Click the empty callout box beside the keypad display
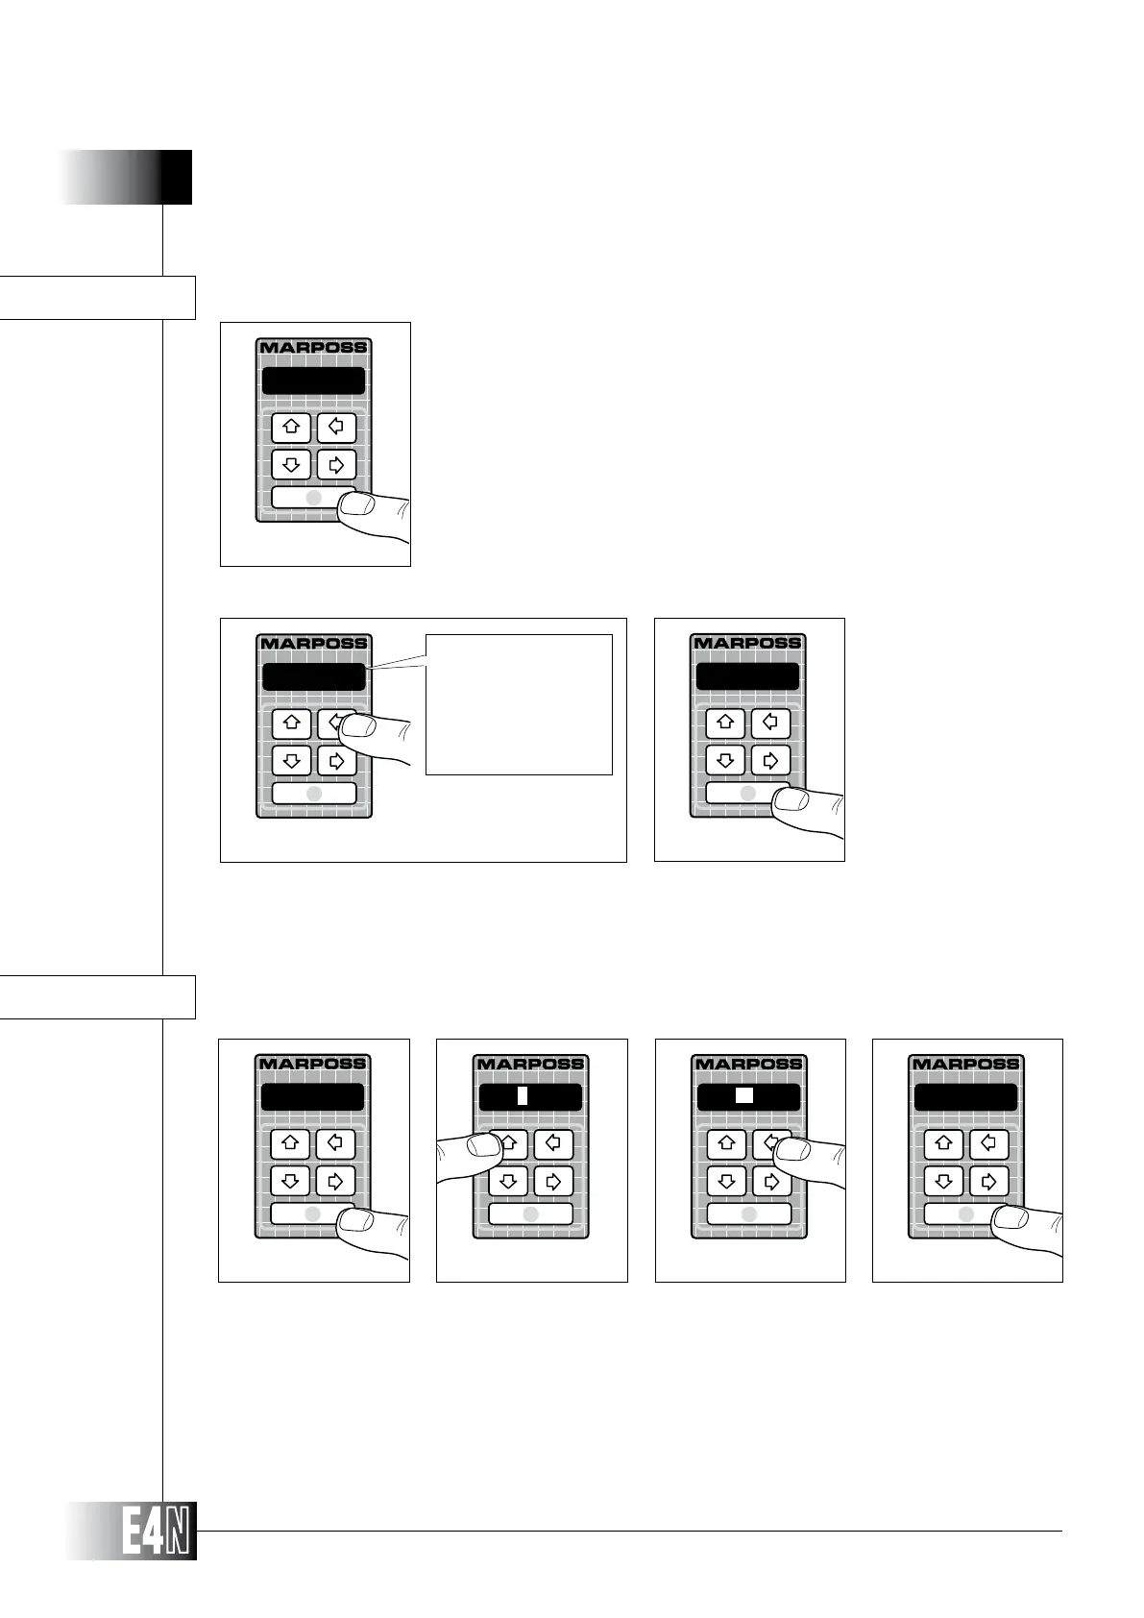point(519,703)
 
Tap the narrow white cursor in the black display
point(523,1095)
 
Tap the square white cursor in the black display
point(743,1094)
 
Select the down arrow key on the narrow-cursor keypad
point(508,1181)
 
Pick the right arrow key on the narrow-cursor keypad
point(553,1181)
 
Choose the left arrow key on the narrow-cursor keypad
point(553,1144)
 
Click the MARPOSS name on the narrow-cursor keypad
point(530,1064)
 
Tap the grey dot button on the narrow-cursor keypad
point(530,1214)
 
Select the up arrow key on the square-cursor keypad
point(726,1144)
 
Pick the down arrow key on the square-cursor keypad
point(726,1181)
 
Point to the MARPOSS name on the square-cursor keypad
point(748,1064)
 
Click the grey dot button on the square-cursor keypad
point(749,1214)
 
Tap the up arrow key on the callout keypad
point(292,723)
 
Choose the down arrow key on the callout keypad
point(292,761)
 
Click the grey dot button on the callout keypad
point(314,794)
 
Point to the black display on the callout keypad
point(314,676)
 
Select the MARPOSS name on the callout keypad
point(314,644)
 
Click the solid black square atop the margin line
point(176,177)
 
